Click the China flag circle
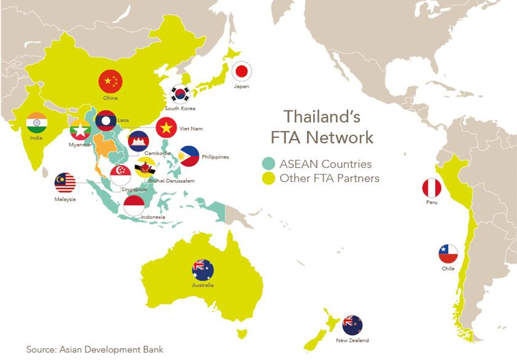tap(110, 81)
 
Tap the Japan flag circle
tap(242, 71)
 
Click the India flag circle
tap(37, 123)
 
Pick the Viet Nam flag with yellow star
tap(166, 128)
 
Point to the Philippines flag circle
tap(189, 156)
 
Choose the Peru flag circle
tap(432, 188)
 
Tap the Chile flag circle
tap(448, 254)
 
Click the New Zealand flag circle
tap(352, 325)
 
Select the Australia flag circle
tap(203, 269)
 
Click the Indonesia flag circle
tap(134, 205)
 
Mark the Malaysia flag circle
tap(65, 183)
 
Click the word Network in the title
tap(340, 137)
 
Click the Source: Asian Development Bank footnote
tap(94, 350)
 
